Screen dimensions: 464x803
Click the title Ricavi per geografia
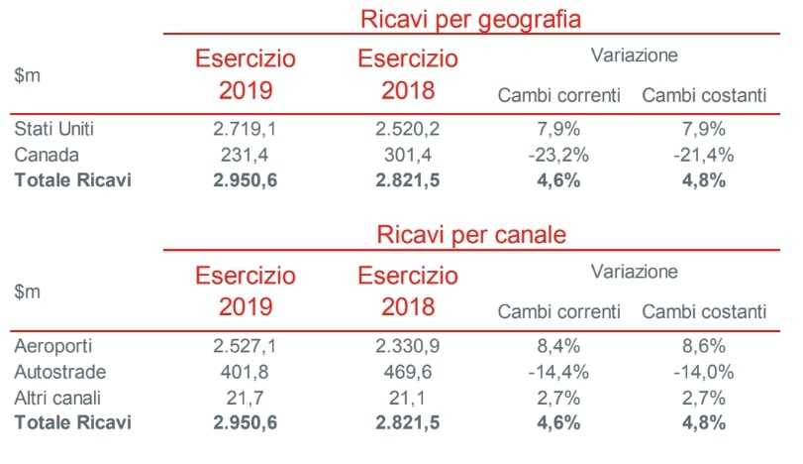click(x=470, y=18)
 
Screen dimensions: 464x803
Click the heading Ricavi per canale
click(x=470, y=236)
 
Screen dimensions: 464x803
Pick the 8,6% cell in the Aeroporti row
click(x=704, y=346)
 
